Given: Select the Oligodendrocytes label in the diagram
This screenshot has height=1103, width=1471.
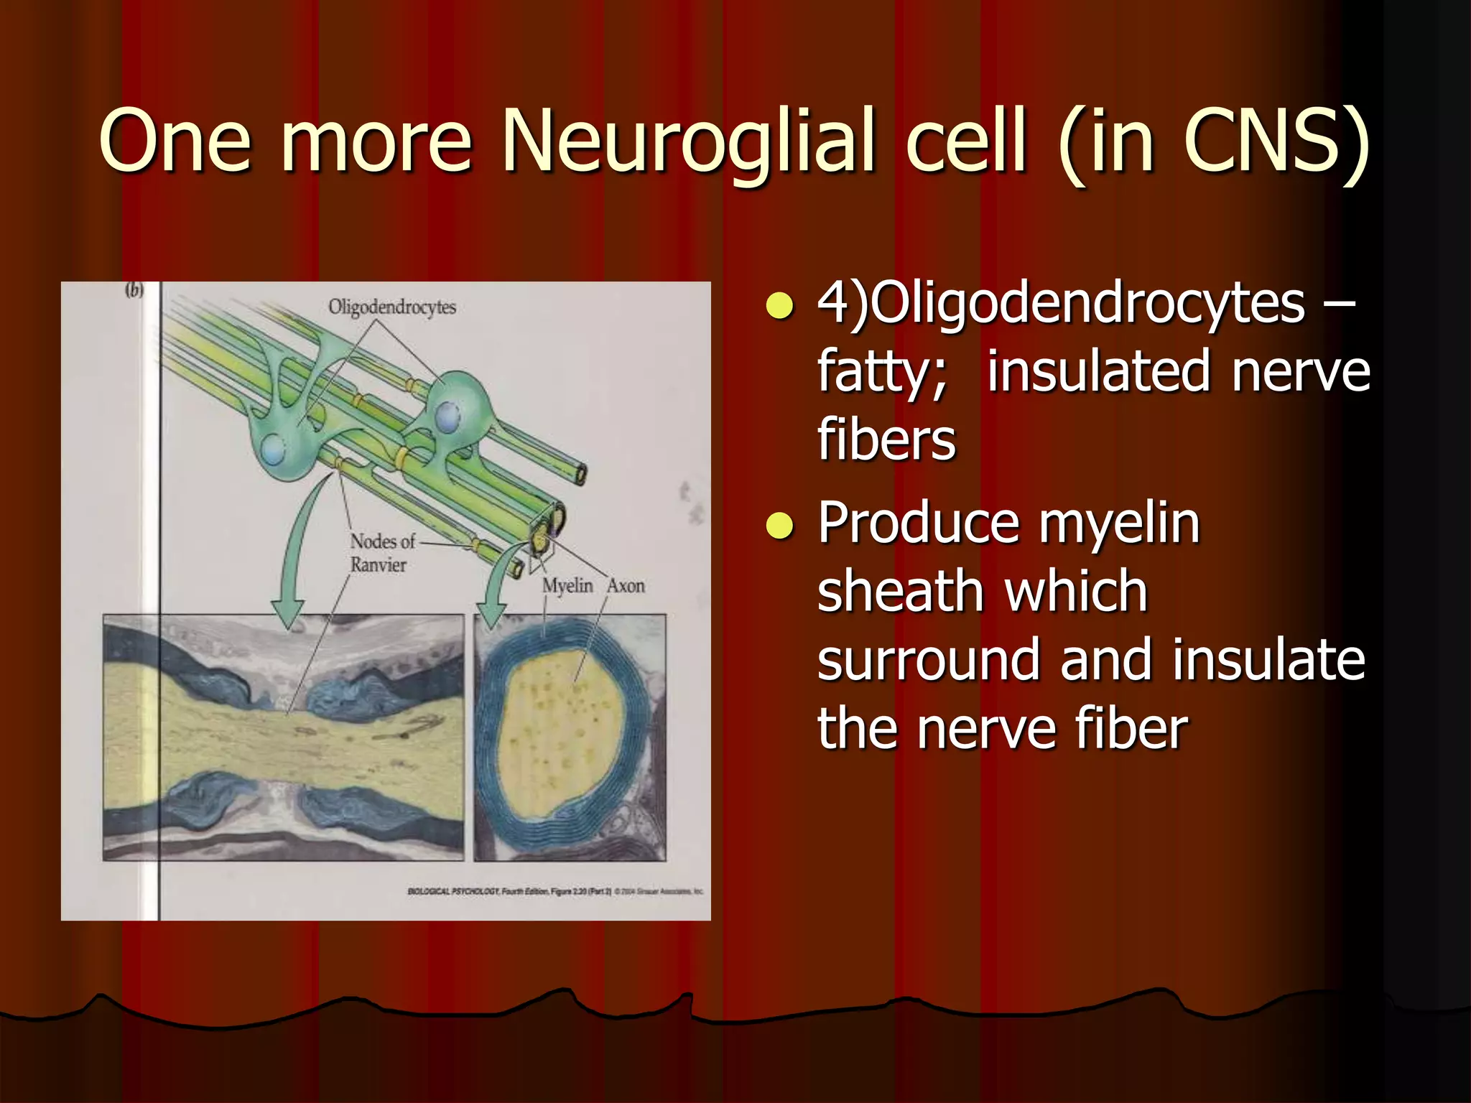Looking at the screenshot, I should coord(392,307).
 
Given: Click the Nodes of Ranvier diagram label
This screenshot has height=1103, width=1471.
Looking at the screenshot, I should coord(381,553).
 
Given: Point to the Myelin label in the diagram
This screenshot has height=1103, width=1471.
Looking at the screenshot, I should coord(567,586).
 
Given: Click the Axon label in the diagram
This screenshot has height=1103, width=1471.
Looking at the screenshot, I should coord(626,586).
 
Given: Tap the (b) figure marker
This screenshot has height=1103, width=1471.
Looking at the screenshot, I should coord(134,291).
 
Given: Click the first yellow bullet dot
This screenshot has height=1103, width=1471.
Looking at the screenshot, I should coord(779,304).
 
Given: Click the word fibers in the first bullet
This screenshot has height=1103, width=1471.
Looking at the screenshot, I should coord(886,439).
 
